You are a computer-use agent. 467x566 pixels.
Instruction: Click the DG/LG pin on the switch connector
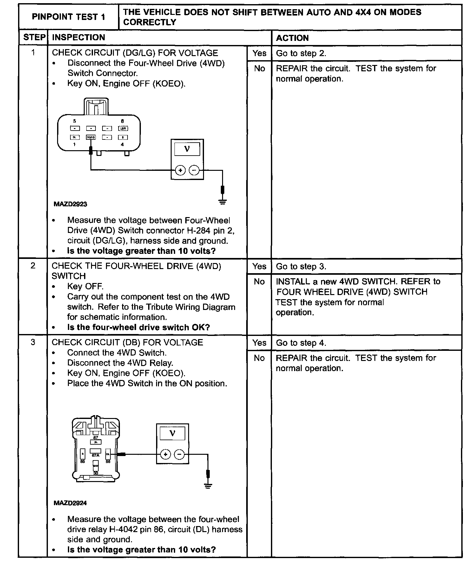[x=91, y=137]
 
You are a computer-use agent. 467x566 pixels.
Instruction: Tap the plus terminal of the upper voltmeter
[x=180, y=170]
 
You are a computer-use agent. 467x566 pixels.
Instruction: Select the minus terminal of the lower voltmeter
[x=179, y=455]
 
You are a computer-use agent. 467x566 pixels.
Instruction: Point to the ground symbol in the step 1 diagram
[x=223, y=201]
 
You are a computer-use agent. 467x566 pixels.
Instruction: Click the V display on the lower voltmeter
[x=172, y=433]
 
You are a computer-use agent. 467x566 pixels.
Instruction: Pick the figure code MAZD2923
[x=70, y=204]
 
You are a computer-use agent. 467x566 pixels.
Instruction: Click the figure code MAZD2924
[x=70, y=503]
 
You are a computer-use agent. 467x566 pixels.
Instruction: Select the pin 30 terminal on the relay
[x=95, y=466]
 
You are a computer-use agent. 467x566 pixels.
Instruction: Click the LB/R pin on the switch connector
[x=123, y=128]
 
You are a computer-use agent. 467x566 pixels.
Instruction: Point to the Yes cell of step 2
[x=259, y=266]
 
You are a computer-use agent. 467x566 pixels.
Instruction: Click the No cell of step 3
[x=259, y=358]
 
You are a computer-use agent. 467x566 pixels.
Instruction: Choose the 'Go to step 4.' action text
[x=301, y=343]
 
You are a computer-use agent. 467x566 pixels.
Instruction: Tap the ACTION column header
[x=292, y=38]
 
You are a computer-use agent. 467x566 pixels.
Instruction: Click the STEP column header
[x=34, y=37]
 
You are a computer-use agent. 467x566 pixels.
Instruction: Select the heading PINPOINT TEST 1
[x=69, y=17]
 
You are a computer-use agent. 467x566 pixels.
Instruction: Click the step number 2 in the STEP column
[x=33, y=266]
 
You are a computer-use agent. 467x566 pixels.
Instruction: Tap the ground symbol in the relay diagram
[x=208, y=486]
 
